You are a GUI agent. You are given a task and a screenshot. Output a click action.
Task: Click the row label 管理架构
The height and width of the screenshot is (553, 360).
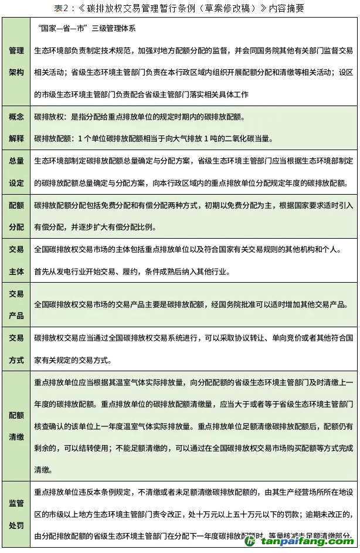tap(16, 61)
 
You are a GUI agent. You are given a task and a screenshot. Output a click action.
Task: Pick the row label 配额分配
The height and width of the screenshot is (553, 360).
tap(16, 215)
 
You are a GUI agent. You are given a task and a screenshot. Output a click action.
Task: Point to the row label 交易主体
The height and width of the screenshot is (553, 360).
tap(16, 260)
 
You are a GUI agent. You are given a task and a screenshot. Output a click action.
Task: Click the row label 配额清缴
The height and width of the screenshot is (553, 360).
tap(16, 426)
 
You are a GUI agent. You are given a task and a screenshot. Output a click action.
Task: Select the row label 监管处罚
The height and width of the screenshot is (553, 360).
tap(16, 514)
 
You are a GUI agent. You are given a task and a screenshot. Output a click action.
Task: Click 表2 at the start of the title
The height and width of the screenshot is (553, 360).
tap(61, 8)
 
